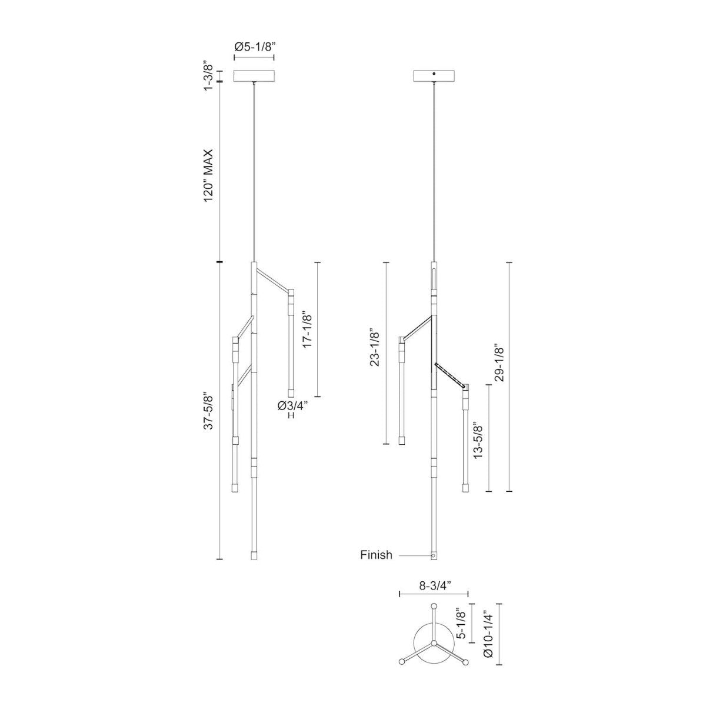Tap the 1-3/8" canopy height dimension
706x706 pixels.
[x=207, y=75]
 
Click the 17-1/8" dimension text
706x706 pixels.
[x=307, y=330]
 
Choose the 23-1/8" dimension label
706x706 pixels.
[x=374, y=347]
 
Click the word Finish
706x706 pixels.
[x=376, y=555]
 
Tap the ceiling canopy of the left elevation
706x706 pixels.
[x=254, y=76]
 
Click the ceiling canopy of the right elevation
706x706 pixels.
[x=434, y=76]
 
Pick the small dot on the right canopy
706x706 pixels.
[x=434, y=74]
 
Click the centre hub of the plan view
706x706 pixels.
[x=434, y=645]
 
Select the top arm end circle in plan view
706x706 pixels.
[x=434, y=607]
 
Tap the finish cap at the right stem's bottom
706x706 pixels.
[x=434, y=555]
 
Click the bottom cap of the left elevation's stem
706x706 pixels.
[x=254, y=555]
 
